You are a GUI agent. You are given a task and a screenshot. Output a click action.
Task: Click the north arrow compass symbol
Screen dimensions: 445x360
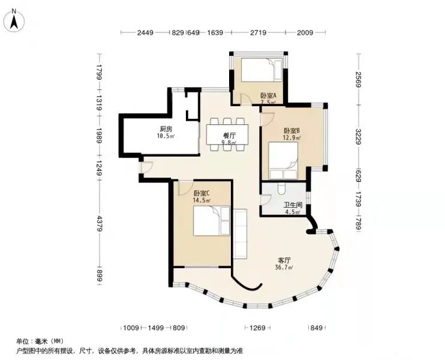click(x=14, y=20)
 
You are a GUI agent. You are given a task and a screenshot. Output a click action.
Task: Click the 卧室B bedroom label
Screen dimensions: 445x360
click(x=292, y=131)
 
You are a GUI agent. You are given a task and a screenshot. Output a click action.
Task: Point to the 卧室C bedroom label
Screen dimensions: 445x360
click(x=202, y=193)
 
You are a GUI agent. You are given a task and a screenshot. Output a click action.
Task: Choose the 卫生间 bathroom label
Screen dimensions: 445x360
click(x=293, y=205)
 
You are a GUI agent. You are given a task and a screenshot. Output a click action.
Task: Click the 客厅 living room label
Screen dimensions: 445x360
click(x=284, y=260)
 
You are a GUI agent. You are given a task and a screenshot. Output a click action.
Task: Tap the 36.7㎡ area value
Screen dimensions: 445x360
click(x=284, y=268)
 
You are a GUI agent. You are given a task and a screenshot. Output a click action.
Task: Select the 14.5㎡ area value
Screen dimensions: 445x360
click(x=202, y=200)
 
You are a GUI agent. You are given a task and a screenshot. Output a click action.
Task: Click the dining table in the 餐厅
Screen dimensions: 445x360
click(x=227, y=134)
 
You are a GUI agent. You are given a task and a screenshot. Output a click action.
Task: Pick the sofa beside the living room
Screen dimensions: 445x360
click(x=240, y=233)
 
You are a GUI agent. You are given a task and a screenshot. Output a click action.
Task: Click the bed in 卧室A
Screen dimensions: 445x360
click(x=262, y=70)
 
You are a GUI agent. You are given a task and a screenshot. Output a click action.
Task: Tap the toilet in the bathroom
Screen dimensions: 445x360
click(x=281, y=188)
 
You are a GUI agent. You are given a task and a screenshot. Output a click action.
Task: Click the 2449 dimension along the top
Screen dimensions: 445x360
click(x=145, y=32)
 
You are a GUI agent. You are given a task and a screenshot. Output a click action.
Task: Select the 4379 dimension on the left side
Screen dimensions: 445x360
click(x=99, y=223)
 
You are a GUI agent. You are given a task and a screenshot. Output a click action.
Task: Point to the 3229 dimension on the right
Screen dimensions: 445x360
click(x=359, y=137)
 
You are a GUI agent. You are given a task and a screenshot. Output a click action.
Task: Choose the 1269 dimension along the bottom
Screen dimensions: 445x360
click(x=257, y=328)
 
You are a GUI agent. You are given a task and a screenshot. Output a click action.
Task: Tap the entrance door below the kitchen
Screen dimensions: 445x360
click(x=147, y=167)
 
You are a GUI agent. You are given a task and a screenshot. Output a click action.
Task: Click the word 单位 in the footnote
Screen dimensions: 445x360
click(x=22, y=341)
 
